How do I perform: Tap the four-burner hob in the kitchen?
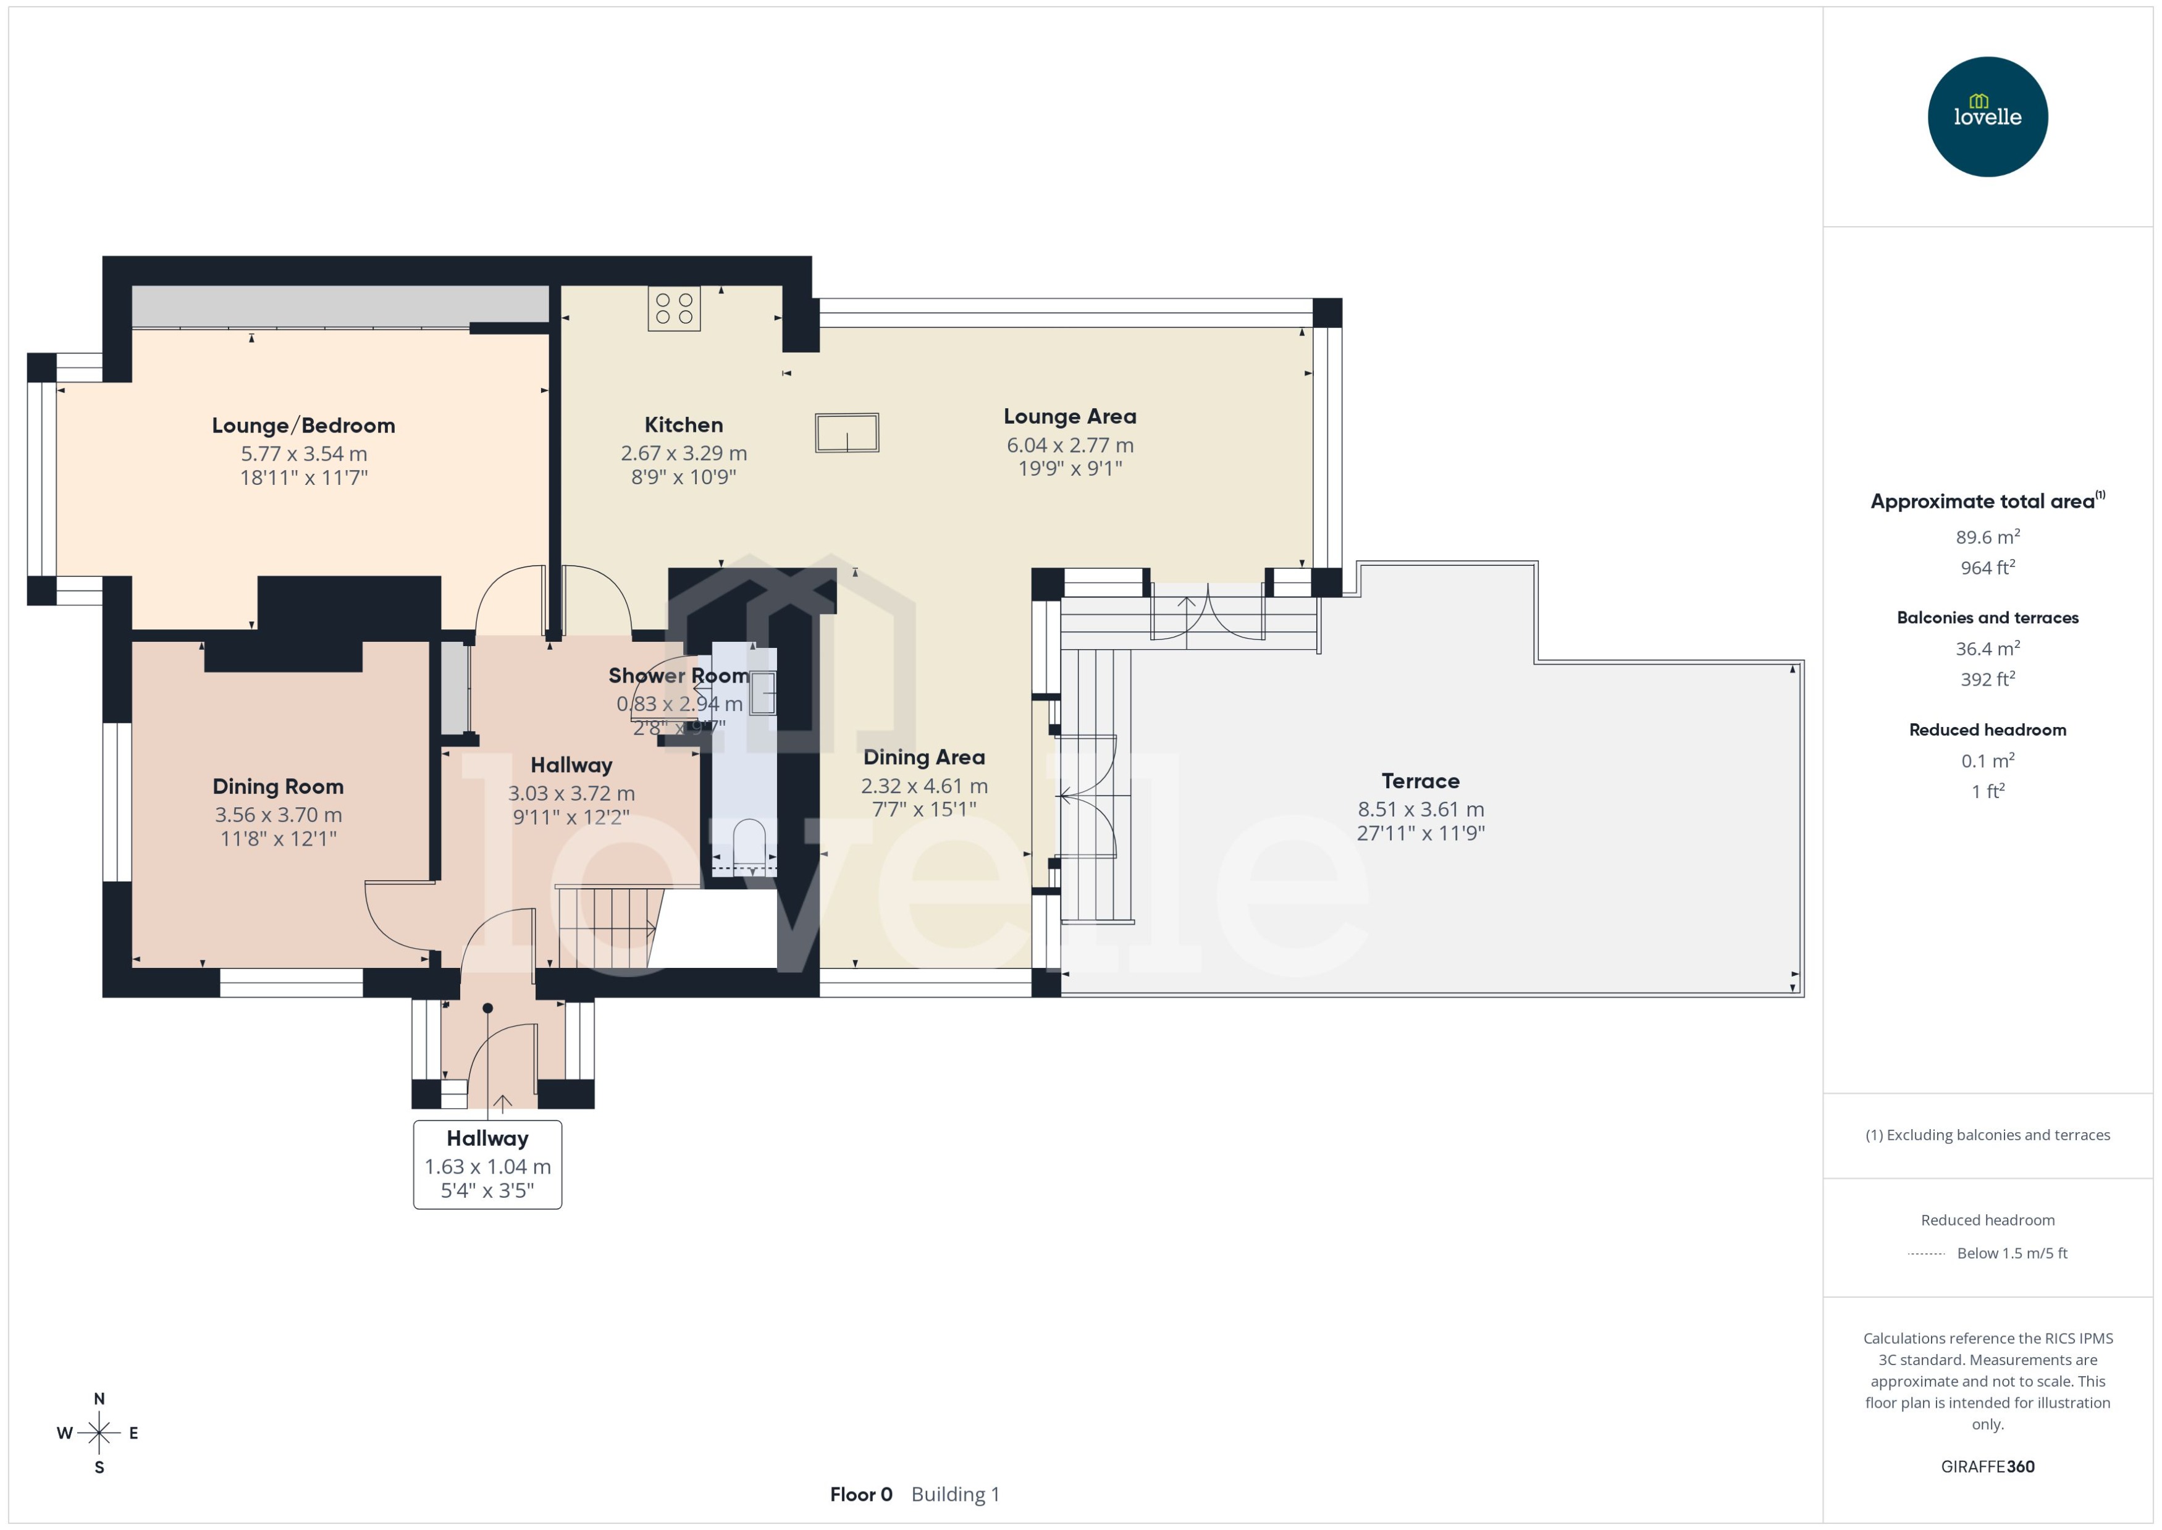[673, 309]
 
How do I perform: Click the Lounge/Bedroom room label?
[303, 425]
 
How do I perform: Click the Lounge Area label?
[1069, 416]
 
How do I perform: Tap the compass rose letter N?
[99, 1399]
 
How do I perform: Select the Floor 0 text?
[860, 1494]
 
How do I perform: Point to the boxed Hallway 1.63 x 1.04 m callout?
[487, 1164]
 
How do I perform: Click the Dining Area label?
[923, 757]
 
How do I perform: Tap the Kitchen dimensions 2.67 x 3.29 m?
[683, 453]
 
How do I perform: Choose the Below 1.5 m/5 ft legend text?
[2011, 1253]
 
